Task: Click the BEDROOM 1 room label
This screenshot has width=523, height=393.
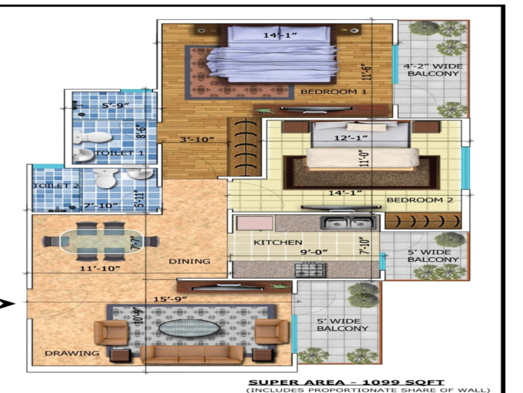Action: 334,91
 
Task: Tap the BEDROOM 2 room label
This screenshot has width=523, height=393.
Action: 420,200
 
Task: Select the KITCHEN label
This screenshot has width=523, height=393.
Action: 278,242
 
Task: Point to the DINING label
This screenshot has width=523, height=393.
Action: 189,261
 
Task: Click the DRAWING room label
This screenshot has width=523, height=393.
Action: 72,353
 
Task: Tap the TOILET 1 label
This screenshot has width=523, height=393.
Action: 119,153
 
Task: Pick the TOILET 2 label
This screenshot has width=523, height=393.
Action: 56,185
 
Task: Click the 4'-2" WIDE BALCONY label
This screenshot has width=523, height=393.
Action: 433,70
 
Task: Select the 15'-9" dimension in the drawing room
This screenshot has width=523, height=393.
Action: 170,299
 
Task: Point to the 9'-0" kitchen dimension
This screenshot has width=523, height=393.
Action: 314,252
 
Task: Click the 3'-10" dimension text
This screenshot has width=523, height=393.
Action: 197,140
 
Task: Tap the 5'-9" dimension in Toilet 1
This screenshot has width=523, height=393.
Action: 115,105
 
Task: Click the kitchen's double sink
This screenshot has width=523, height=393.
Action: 348,223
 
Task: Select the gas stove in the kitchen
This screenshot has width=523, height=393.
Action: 310,269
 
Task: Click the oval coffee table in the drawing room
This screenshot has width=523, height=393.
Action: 189,328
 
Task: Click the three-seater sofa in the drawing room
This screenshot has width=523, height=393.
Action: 192,354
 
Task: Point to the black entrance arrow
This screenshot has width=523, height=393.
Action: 7,304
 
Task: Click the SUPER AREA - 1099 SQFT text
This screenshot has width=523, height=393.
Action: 346,383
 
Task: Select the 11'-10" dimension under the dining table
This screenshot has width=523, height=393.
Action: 100,268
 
